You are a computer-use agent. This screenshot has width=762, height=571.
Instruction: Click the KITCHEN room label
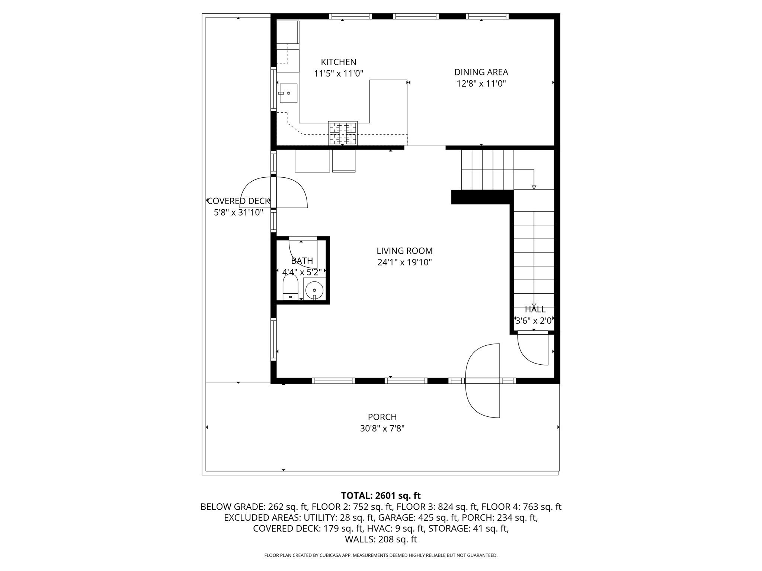coord(338,62)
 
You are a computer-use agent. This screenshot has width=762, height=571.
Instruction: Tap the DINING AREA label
coord(481,72)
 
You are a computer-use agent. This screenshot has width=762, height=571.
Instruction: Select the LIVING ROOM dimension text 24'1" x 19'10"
coord(404,262)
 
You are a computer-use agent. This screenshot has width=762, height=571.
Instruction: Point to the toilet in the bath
coord(290,288)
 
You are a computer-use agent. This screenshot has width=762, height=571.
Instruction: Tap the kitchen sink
coord(288,93)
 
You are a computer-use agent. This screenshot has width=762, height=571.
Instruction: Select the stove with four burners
coord(342,133)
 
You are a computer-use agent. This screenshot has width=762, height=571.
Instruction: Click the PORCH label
coord(382,417)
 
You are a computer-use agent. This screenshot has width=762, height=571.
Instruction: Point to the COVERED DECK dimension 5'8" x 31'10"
coord(238,213)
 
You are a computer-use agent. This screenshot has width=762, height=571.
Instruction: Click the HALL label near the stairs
coord(535,309)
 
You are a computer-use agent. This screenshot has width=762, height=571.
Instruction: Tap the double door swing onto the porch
coord(483,380)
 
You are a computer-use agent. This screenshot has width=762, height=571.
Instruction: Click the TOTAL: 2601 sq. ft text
coord(381,496)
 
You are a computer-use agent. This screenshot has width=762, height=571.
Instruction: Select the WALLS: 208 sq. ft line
coord(381,539)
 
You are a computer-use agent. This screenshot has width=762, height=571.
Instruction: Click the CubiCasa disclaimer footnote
coord(381,555)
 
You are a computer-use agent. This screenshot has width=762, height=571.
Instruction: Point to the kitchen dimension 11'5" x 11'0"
coord(338,74)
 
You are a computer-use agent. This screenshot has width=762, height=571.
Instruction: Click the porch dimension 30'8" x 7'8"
coord(382,429)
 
